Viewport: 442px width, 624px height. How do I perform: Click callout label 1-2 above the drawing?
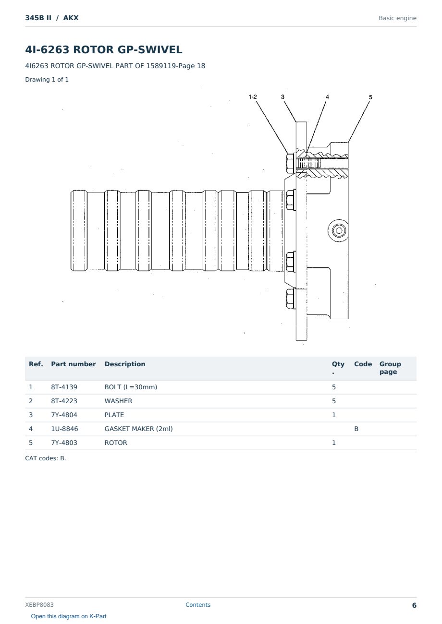(253, 97)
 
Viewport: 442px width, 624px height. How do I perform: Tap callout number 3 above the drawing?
(282, 97)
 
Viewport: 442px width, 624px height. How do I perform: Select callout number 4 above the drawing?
(327, 97)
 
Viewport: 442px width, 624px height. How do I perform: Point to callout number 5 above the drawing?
(370, 97)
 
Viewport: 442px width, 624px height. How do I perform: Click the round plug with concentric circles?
(339, 231)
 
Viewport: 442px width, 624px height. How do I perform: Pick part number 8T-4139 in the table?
(64, 387)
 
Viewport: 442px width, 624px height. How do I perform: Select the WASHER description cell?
(118, 401)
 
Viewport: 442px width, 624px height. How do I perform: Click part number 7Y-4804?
(64, 415)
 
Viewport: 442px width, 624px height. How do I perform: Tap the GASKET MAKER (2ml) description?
(138, 429)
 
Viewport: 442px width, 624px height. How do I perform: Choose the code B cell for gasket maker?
(356, 429)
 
